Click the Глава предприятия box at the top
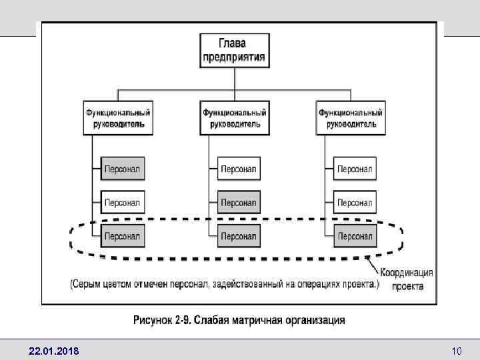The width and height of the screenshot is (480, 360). click(234, 50)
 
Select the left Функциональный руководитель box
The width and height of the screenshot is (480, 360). click(118, 118)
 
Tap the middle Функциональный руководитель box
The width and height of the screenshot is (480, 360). click(235, 118)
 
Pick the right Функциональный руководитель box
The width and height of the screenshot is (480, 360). click(351, 118)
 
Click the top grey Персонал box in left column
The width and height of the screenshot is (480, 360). click(123, 169)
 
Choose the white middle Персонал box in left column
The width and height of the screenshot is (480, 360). click(123, 202)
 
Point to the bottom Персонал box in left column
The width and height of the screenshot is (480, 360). click(123, 235)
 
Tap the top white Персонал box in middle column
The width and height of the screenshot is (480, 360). click(239, 169)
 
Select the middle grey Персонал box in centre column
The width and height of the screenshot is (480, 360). click(239, 202)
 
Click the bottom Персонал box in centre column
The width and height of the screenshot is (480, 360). click(239, 235)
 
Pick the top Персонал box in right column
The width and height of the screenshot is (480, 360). click(355, 169)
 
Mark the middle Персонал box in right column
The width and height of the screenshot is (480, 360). click(355, 202)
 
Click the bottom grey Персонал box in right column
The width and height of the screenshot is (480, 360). click(355, 235)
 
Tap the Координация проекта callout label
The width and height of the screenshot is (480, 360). click(407, 279)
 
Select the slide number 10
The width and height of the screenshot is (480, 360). click(457, 350)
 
